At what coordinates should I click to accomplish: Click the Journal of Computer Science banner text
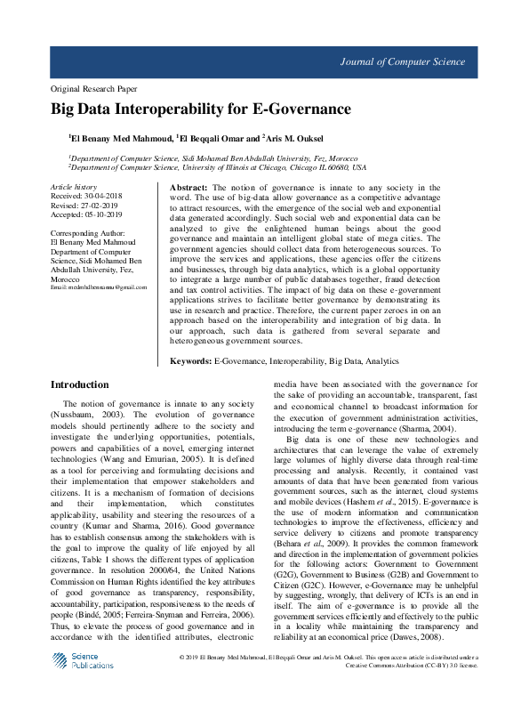click(x=402, y=62)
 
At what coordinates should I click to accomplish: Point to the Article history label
click(x=74, y=187)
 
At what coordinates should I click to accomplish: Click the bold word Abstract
click(x=188, y=188)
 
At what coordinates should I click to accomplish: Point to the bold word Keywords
click(x=190, y=362)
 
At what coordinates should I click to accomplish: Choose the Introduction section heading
click(x=80, y=385)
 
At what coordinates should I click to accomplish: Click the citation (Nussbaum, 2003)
click(x=87, y=415)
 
